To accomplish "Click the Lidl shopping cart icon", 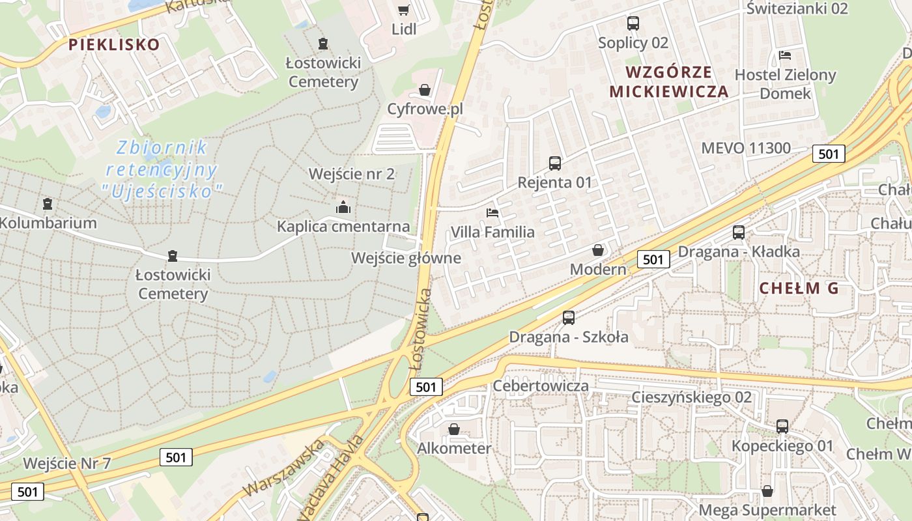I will pyautogui.click(x=403, y=10).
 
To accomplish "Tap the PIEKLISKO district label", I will pyautogui.click(x=114, y=44).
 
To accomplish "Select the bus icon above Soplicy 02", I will pyautogui.click(x=633, y=23).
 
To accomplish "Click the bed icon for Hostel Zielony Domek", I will pyautogui.click(x=785, y=55).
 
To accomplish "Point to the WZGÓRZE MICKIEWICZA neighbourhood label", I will pyautogui.click(x=669, y=81).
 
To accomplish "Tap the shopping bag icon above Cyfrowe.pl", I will pyautogui.click(x=425, y=90).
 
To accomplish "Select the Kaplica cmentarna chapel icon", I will pyautogui.click(x=343, y=208).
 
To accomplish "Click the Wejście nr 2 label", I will pyautogui.click(x=352, y=174).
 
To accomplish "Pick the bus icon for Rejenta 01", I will pyautogui.click(x=555, y=163).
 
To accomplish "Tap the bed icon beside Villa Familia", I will pyautogui.click(x=492, y=213).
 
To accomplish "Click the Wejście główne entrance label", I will pyautogui.click(x=406, y=258).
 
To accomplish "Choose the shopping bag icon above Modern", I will pyautogui.click(x=598, y=250).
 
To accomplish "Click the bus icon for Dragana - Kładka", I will pyautogui.click(x=739, y=232).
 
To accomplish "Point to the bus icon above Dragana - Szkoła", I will pyautogui.click(x=569, y=318).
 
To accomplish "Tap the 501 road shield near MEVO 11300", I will pyautogui.click(x=829, y=154).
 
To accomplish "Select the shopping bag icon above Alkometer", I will pyautogui.click(x=454, y=429).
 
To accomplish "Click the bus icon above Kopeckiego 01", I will pyautogui.click(x=782, y=427).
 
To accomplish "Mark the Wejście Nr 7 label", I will pyautogui.click(x=67, y=464).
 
